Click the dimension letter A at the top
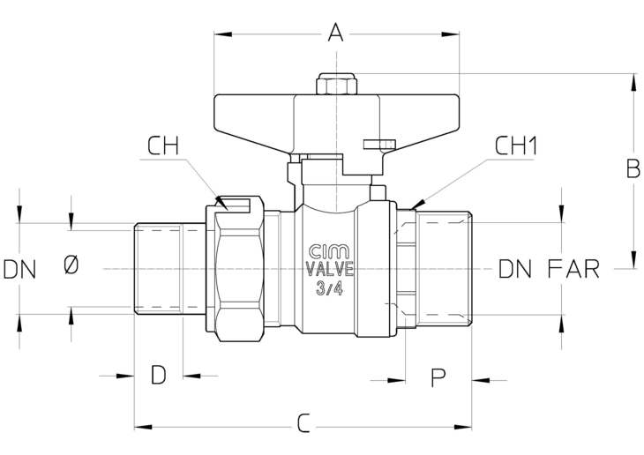[x=335, y=33]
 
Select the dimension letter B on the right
[x=633, y=168]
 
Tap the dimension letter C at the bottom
[x=303, y=423]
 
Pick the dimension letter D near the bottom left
[x=159, y=375]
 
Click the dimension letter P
[x=438, y=377]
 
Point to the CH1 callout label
[x=515, y=145]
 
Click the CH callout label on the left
[x=163, y=145]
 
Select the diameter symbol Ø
[x=71, y=265]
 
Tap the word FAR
[x=573, y=269]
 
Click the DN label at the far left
[x=19, y=270]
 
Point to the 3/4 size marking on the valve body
[x=329, y=288]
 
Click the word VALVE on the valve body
[x=330, y=269]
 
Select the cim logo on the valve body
[x=329, y=251]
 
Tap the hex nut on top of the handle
[x=336, y=84]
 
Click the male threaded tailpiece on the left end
[x=170, y=269]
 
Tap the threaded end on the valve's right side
[x=444, y=269]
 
